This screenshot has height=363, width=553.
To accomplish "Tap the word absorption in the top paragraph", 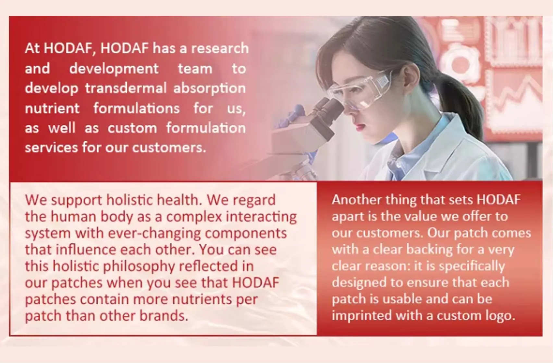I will [x=209, y=88].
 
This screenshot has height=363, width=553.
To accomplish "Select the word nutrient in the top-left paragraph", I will [x=52, y=109].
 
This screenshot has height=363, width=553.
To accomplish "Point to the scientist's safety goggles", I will [x=360, y=89].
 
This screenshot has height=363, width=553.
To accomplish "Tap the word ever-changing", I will [x=154, y=233].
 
